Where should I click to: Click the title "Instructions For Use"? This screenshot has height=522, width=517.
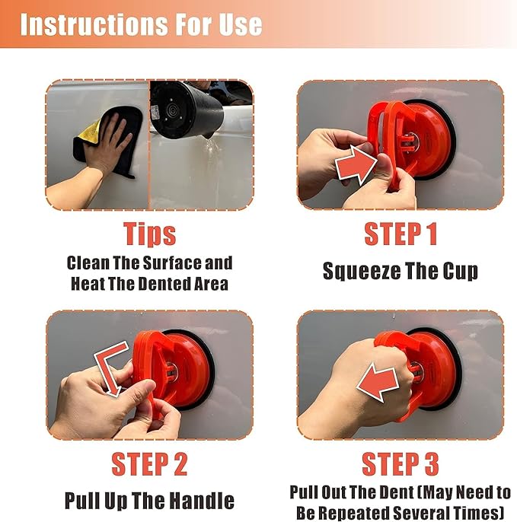(141, 24)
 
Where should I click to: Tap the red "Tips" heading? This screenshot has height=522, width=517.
(149, 234)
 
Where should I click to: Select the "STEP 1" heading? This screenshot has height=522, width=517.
(401, 234)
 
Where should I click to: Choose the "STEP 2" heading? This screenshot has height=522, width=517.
(149, 463)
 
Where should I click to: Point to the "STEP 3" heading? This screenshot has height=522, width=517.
(401, 463)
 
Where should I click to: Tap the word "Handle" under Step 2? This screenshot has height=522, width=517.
(202, 500)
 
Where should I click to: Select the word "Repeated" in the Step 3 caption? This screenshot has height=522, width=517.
(353, 513)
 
